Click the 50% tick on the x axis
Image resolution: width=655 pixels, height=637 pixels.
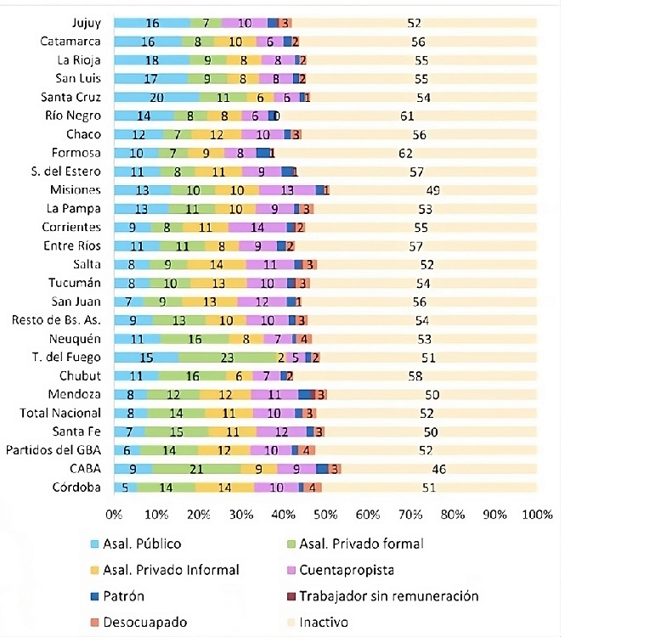[x=325, y=515]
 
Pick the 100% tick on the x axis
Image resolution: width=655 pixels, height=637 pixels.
[x=537, y=515]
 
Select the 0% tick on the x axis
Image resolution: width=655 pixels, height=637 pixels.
[x=114, y=515]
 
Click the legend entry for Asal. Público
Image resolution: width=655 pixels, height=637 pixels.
[x=141, y=544]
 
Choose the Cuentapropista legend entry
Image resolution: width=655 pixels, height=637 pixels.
[x=347, y=570]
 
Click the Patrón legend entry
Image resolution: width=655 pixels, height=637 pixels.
[x=125, y=596]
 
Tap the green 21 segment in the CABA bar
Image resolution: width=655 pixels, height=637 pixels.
[x=197, y=469]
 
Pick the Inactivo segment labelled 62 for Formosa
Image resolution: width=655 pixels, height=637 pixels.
[x=406, y=153]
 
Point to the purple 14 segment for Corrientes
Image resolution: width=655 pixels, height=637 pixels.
[x=257, y=227]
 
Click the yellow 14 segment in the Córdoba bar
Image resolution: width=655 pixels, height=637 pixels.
[x=225, y=488]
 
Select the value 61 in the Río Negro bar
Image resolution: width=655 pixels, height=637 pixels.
[x=408, y=116]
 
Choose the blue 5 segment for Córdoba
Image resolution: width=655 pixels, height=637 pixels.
[x=125, y=488]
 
